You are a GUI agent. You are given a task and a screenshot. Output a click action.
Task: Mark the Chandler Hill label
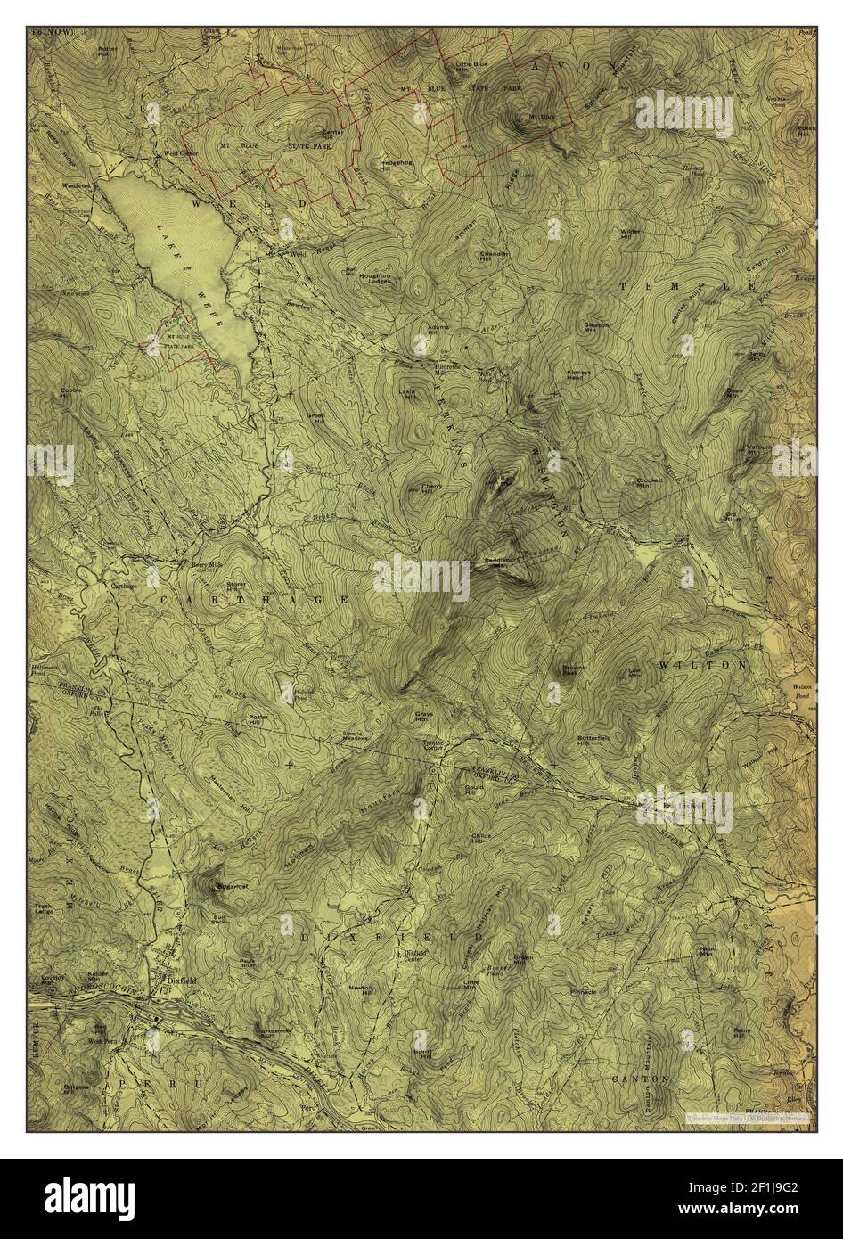coord(495,257)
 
